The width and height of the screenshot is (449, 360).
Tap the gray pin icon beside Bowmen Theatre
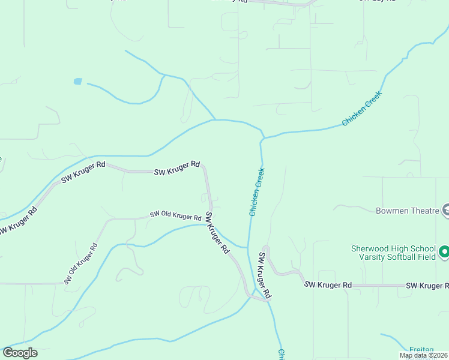click(445, 209)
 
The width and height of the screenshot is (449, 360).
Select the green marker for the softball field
click(444, 252)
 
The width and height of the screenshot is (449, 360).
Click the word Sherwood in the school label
click(369, 248)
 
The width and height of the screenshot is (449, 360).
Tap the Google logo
click(20, 353)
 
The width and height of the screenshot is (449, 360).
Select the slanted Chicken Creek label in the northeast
click(362, 109)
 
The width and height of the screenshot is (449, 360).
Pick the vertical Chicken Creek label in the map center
click(257, 191)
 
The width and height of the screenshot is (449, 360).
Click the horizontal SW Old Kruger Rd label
click(175, 215)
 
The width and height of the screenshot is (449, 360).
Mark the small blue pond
click(77, 81)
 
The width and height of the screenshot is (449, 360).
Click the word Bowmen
click(391, 211)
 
